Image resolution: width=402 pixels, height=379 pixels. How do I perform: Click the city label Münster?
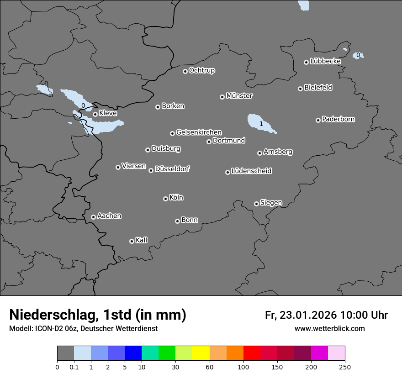[239, 96]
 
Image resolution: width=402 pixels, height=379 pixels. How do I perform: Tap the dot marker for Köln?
[165, 199]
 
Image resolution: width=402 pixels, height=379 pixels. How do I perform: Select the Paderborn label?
[339, 119]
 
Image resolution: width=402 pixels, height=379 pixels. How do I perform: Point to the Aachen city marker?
[93, 217]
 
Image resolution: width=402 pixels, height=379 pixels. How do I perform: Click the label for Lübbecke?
[325, 61]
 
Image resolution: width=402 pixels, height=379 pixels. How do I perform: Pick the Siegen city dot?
[256, 204]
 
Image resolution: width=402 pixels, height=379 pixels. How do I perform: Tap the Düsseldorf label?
[172, 169]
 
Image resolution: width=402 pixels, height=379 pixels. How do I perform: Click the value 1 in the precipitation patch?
[261, 124]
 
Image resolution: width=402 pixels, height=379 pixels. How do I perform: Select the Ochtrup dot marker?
[185, 71]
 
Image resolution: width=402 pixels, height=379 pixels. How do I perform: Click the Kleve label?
[108, 113]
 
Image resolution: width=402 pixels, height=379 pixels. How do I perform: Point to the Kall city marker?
[132, 241]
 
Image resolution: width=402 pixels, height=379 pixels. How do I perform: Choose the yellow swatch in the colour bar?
[201, 353]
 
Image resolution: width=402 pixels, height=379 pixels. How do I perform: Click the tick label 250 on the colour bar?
[345, 367]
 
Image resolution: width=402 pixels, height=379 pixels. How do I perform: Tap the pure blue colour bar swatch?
[133, 353]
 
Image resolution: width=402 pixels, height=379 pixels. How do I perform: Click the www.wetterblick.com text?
[329, 328]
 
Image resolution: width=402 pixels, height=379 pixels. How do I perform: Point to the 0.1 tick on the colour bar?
[74, 367]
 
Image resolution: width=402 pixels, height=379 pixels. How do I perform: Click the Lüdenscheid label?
[251, 171]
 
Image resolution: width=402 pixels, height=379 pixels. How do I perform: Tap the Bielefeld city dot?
[300, 89]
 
